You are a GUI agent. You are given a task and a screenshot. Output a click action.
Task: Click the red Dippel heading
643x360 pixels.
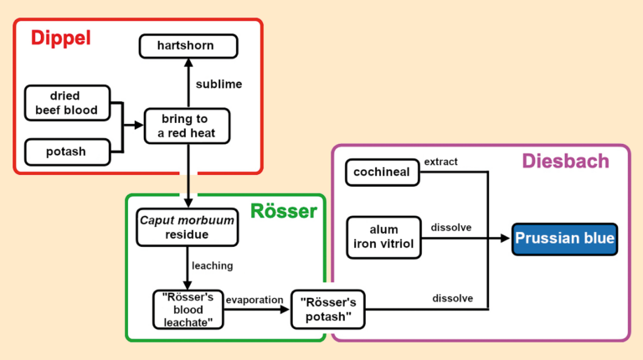60,39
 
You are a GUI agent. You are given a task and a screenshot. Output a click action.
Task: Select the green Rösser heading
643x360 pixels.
284,211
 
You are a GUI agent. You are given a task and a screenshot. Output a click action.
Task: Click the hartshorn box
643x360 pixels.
188,45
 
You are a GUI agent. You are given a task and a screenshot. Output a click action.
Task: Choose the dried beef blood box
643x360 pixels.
67,103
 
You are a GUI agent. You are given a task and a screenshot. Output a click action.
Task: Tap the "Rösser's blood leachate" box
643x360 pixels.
188,309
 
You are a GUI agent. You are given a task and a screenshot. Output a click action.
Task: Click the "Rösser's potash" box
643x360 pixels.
327,309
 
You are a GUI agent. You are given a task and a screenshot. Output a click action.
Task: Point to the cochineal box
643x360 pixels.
382,172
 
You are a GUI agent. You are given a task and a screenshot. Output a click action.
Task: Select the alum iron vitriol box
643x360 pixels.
383,237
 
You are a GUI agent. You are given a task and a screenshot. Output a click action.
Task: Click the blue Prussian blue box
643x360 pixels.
565,239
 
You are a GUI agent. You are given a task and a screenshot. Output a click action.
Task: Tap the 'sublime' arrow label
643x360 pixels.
219,85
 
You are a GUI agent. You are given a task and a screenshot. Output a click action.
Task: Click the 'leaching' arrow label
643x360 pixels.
212,266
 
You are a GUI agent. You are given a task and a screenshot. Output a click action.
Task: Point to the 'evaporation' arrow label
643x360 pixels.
255,299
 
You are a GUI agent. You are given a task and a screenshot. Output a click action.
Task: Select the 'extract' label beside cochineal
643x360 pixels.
441,162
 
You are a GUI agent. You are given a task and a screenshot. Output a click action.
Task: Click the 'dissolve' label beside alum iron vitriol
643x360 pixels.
450,227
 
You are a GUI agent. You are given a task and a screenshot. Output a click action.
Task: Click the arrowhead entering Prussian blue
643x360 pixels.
505,239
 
